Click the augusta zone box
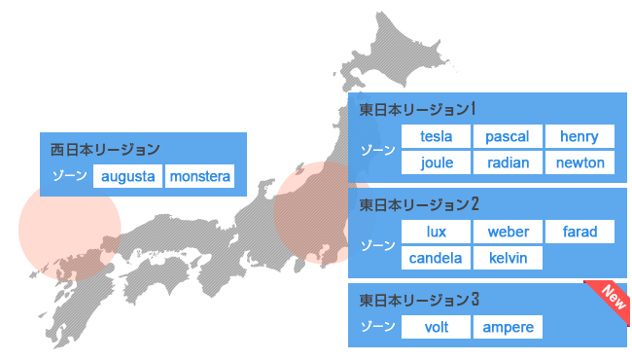(128, 177)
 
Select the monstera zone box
(200, 177)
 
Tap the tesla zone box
(436, 136)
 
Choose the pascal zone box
(508, 136)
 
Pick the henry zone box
(579, 136)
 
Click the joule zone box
(436, 162)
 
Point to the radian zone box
(508, 162)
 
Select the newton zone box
(579, 162)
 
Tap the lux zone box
(436, 232)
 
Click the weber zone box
(508, 232)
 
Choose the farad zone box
(579, 232)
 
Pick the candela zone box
(436, 258)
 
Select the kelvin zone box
(508, 258)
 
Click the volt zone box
(436, 327)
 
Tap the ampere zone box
(508, 327)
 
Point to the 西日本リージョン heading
(105, 150)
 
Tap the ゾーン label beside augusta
(69, 177)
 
